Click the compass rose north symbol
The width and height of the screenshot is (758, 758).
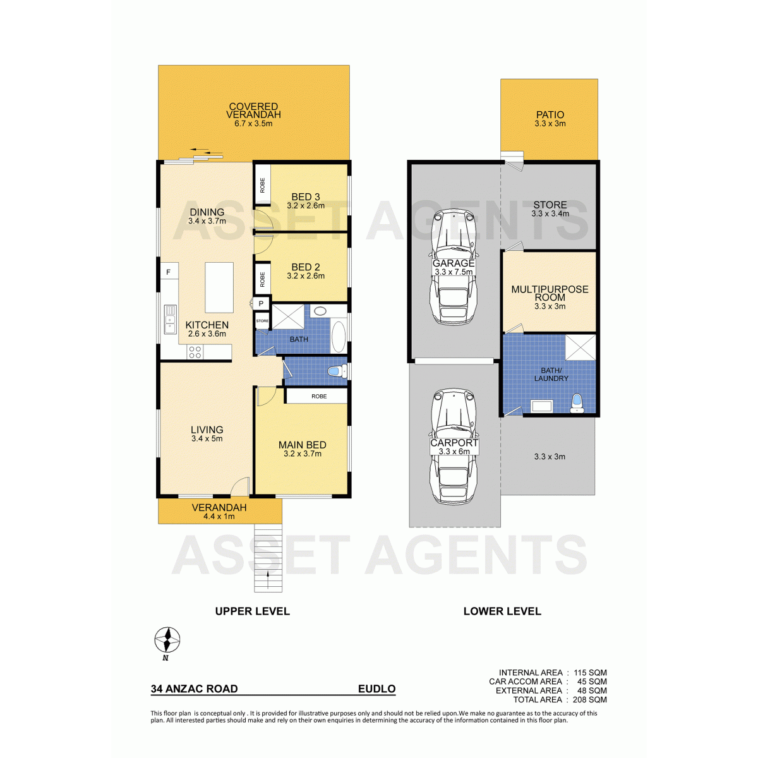click(x=167, y=640)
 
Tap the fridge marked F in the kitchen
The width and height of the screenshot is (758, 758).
click(x=169, y=272)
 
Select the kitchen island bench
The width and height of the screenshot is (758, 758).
click(x=219, y=287)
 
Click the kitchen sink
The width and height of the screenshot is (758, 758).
click(x=171, y=320)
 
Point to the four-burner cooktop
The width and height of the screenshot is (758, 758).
click(x=195, y=352)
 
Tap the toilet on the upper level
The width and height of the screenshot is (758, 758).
click(x=336, y=371)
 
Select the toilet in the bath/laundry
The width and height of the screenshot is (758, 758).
click(x=577, y=404)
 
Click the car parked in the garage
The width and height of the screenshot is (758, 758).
click(x=454, y=267)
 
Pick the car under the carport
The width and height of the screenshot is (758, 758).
click(x=454, y=447)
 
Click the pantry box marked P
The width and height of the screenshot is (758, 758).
click(x=261, y=304)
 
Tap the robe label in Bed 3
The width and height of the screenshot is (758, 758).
click(x=262, y=185)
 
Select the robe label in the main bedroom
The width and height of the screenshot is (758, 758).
click(x=319, y=396)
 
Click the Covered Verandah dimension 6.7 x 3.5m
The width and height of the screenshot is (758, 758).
click(x=253, y=124)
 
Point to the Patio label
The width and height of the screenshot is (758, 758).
click(x=550, y=114)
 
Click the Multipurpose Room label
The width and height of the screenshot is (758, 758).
click(x=550, y=293)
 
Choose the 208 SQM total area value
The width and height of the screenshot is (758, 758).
click(x=589, y=700)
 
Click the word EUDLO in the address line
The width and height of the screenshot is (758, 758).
click(x=376, y=689)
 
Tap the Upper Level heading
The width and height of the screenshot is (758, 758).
click(x=252, y=611)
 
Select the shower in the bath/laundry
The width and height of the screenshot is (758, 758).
click(x=581, y=347)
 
